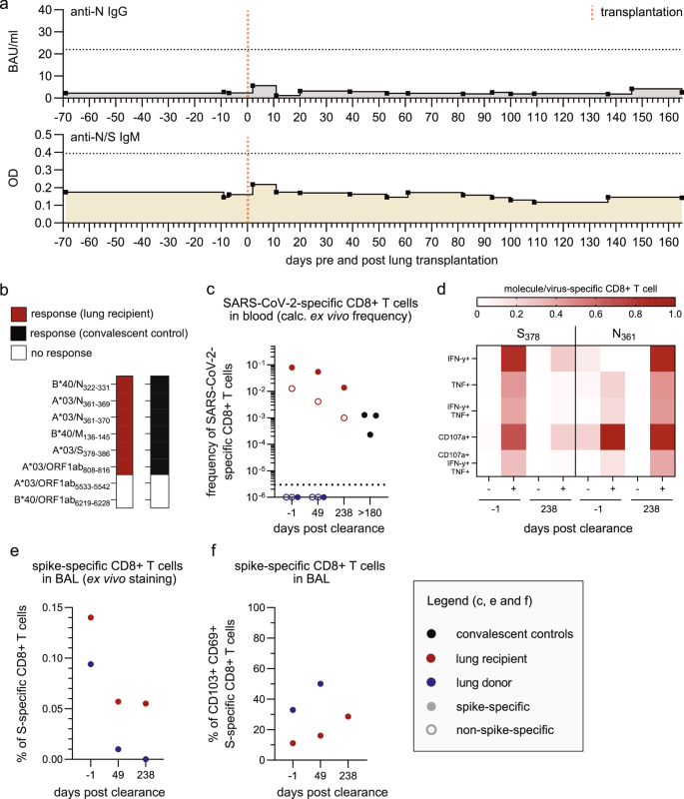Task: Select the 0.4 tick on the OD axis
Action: pos(43,152)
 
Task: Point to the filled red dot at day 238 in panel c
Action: pos(344,389)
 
